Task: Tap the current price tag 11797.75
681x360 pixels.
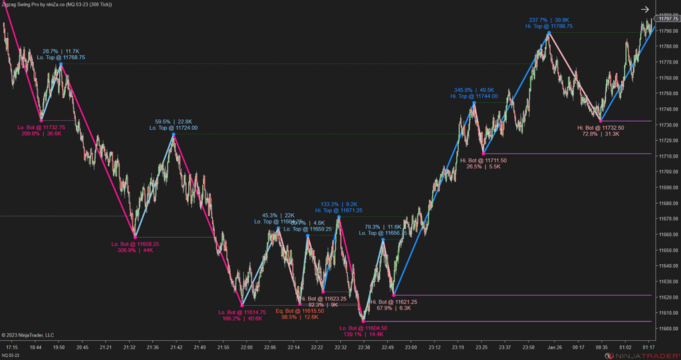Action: [x=668, y=19]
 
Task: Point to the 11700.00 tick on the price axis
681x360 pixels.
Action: [x=668, y=172]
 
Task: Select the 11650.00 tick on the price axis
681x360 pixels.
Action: [x=668, y=250]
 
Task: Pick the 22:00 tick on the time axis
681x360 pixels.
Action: [x=247, y=347]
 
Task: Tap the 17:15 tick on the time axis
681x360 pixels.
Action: [x=12, y=347]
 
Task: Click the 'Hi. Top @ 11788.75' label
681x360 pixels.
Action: [x=549, y=26]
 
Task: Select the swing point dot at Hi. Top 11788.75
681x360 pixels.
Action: [x=549, y=33]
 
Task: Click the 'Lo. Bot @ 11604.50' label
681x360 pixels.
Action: [x=363, y=328]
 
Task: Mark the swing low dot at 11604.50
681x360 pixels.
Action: [x=363, y=321]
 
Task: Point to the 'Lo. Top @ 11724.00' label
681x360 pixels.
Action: [x=173, y=128]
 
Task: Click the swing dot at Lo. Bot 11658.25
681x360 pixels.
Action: [x=135, y=237]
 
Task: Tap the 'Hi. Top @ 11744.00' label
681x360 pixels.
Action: [x=474, y=96]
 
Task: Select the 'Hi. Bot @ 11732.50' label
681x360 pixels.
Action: [x=601, y=127]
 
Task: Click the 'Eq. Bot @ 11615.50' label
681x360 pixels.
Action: [x=300, y=311]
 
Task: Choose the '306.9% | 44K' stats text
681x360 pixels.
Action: [x=135, y=251]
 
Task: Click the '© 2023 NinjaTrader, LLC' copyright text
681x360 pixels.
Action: [x=28, y=335]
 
